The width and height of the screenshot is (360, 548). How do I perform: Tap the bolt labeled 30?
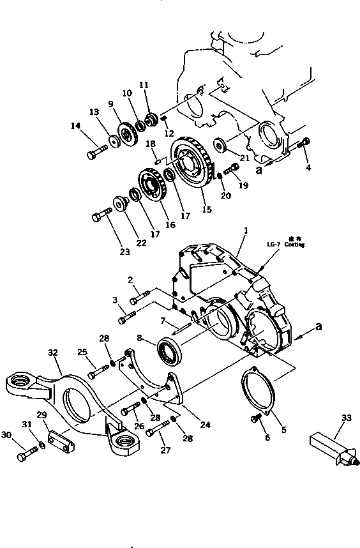coord(27,455)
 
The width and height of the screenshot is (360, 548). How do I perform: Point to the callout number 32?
coord(52,351)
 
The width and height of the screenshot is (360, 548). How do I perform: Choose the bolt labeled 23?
coord(101,215)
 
